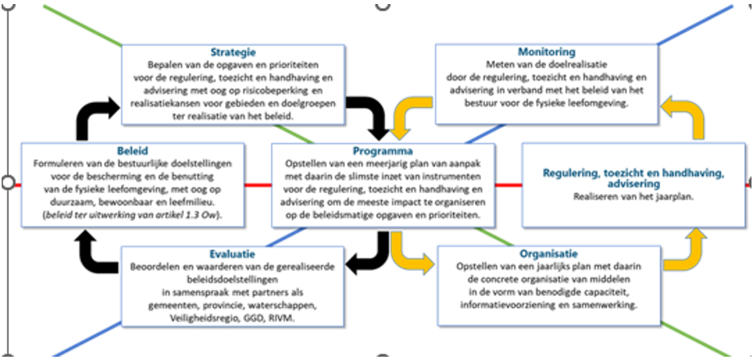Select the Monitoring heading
click(x=545, y=52)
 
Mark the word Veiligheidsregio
click(x=204, y=317)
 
